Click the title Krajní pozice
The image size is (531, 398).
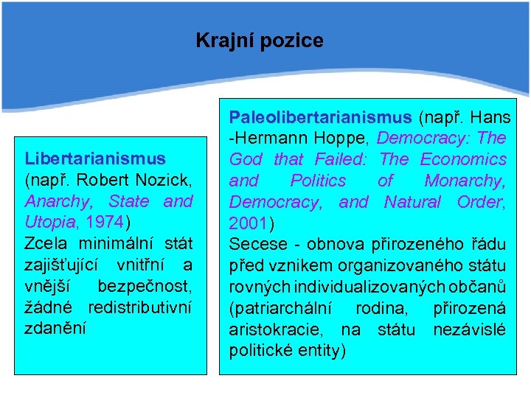tap(260, 41)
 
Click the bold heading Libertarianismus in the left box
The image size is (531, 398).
tap(95, 158)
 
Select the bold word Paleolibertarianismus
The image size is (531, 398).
tap(321, 116)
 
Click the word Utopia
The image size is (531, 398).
tap(48, 222)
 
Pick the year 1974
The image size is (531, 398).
tap(106, 222)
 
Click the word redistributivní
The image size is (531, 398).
tap(140, 307)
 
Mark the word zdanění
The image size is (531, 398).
tap(55, 328)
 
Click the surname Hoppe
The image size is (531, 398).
tap(350, 138)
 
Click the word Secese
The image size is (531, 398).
tap(253, 244)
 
